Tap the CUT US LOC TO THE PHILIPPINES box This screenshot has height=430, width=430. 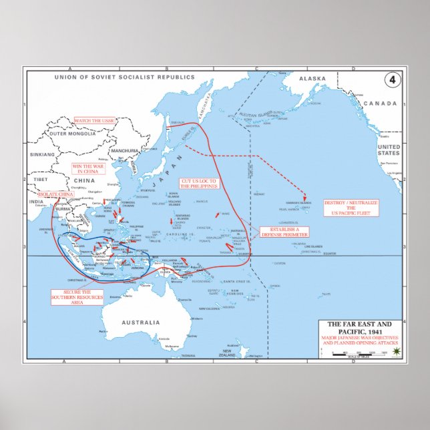click(x=198, y=183)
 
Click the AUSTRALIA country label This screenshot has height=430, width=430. click(x=140, y=322)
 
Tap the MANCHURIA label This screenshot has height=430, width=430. click(x=126, y=151)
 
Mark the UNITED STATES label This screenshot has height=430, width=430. click(x=388, y=150)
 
